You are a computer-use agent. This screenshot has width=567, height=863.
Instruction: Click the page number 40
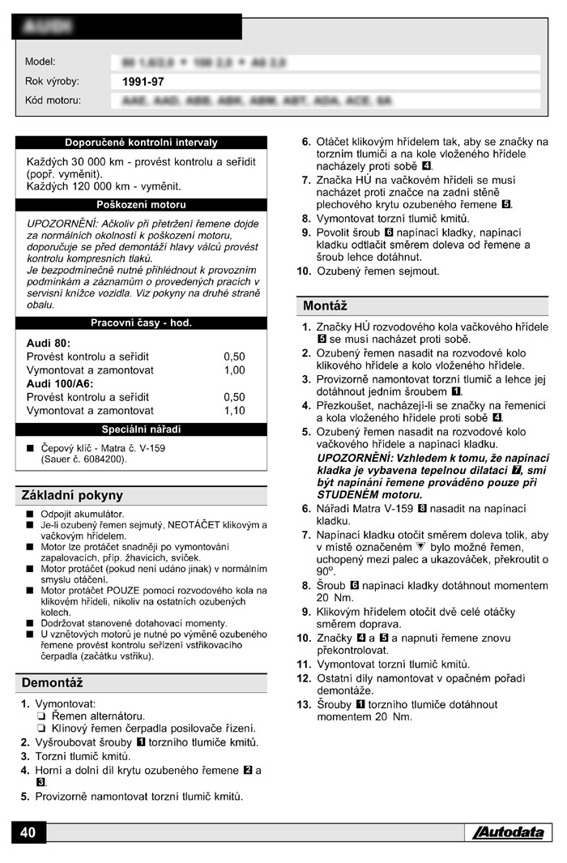[x=28, y=833]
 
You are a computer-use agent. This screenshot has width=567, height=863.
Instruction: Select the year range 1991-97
[x=143, y=82]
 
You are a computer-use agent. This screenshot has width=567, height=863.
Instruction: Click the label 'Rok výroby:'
[x=52, y=81]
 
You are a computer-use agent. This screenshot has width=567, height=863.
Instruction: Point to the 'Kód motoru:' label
[x=53, y=100]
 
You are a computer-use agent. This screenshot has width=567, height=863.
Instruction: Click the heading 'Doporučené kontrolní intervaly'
[x=141, y=143]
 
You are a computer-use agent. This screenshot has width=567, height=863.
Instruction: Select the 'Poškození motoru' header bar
[x=141, y=205]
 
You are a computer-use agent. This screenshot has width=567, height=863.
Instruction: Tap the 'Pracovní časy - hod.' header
[x=141, y=323]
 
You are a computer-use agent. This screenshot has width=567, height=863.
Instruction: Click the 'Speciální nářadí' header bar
[x=141, y=429]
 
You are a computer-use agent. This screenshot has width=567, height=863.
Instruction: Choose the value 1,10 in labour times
[x=234, y=411]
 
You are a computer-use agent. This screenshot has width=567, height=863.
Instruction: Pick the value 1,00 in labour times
[x=234, y=370]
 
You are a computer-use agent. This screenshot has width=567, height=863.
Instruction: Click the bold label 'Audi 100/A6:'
[x=60, y=383]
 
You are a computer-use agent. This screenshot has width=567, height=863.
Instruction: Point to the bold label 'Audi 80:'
[x=49, y=343]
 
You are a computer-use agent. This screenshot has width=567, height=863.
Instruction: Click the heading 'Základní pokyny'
[x=72, y=496]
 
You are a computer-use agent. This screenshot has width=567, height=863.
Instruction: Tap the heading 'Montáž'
[x=325, y=306]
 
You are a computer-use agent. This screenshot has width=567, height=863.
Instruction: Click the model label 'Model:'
[x=40, y=62]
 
